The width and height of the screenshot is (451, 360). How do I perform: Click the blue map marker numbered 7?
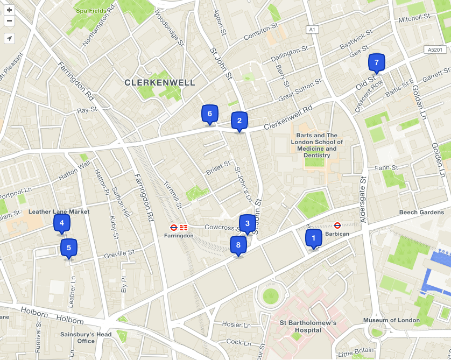click(x=376, y=62)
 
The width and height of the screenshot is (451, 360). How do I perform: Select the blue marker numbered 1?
click(x=313, y=237)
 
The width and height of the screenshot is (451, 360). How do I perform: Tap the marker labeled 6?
click(x=209, y=114)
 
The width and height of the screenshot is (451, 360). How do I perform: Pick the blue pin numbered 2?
click(x=239, y=121)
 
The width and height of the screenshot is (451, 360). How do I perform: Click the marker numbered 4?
click(x=61, y=223)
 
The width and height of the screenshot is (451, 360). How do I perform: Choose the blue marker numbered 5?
click(x=68, y=248)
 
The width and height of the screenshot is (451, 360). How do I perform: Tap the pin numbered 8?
click(x=238, y=245)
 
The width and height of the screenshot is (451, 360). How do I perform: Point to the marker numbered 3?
click(x=247, y=223)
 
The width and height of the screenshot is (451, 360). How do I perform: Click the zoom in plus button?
click(x=9, y=10)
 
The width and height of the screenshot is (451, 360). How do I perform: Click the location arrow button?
click(x=9, y=38)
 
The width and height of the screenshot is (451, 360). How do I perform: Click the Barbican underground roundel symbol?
click(x=337, y=225)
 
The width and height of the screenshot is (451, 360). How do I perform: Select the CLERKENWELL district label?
click(x=159, y=82)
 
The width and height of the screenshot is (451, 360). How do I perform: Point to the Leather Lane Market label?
click(x=59, y=211)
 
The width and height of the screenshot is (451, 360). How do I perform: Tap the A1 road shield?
click(x=311, y=30)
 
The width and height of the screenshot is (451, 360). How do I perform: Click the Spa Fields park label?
click(x=90, y=11)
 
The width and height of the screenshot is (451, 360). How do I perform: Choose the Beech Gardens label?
click(x=421, y=213)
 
